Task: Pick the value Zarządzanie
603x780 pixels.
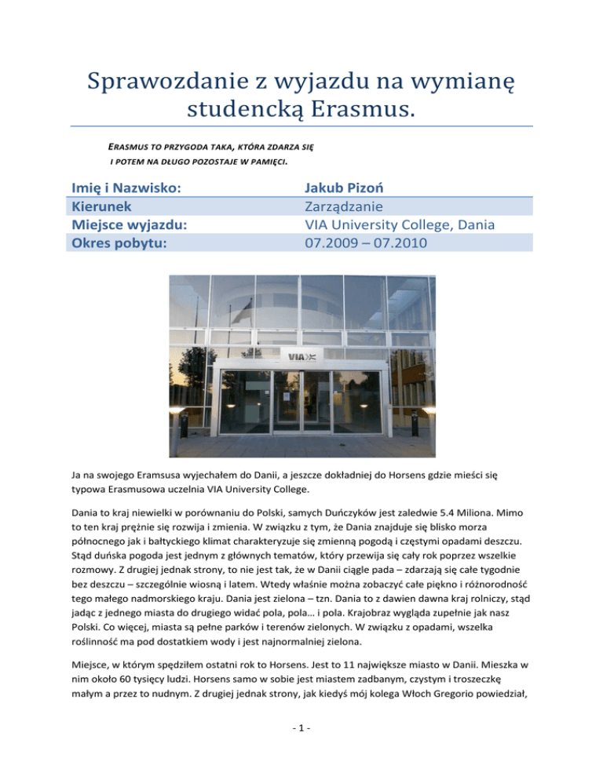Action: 349,206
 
